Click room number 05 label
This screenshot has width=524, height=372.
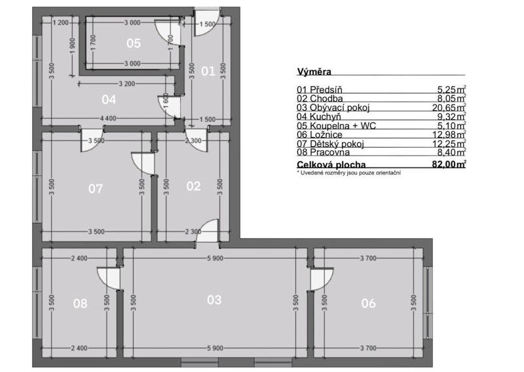pos(134,43)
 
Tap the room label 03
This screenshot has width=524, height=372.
pos(214,300)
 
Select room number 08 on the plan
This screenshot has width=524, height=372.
pos(80,303)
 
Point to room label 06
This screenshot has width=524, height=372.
pos(368,303)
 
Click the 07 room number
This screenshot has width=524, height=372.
pos(95,189)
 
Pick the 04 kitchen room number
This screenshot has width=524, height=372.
pos(109,100)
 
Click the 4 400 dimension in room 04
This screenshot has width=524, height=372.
pos(108,118)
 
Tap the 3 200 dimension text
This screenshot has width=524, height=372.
pos(127,84)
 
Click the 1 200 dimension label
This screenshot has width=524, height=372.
pos(60,23)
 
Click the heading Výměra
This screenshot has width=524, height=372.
pos(314,72)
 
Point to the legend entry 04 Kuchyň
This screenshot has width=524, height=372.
pos(319,117)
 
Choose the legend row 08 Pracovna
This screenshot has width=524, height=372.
pos(323,152)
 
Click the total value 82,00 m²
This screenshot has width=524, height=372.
pos(449,165)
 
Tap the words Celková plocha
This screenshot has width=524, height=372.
pos(331,165)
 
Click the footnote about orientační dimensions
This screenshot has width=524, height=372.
pos(349,173)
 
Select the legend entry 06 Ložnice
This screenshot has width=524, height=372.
pos(320,134)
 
